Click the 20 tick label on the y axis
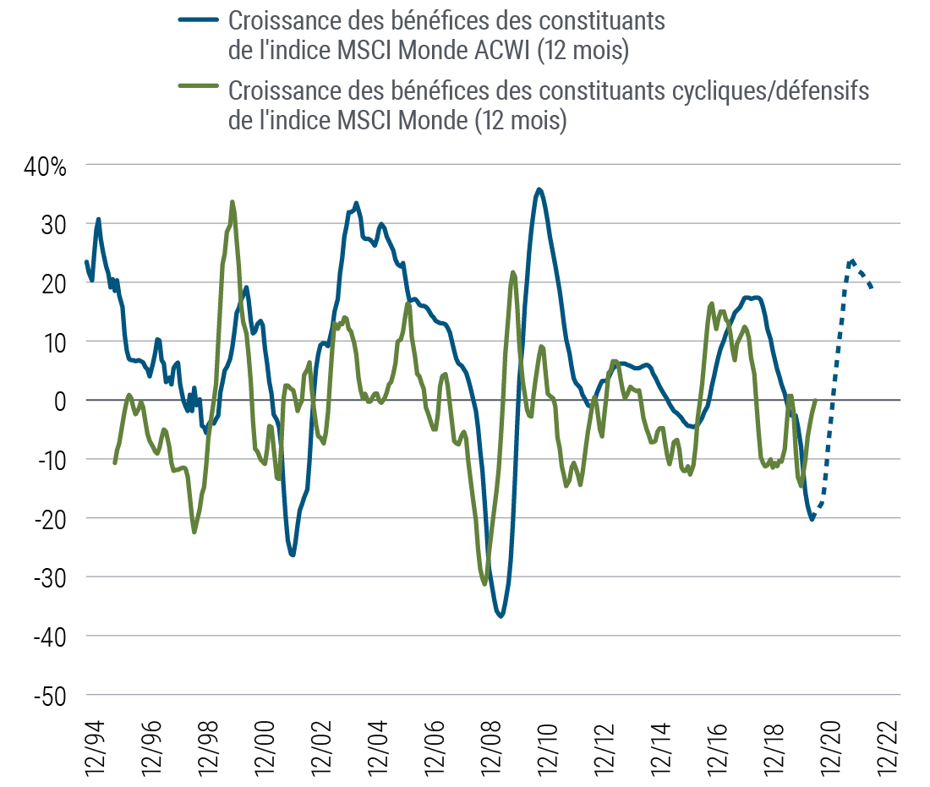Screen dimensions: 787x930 53,282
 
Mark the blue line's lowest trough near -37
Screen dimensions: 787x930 501,616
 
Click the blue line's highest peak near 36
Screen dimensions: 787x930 539,189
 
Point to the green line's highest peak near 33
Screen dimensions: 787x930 232,203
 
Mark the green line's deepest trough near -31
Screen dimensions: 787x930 485,582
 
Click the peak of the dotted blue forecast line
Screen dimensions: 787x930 852,261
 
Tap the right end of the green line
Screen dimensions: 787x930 814,400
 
